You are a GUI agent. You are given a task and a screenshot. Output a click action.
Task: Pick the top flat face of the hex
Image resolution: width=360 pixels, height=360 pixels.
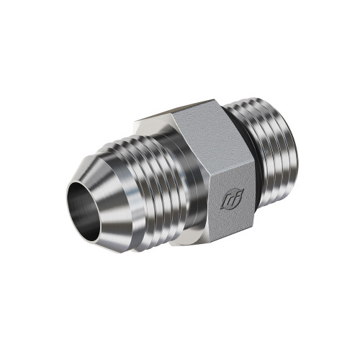click(194, 117)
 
